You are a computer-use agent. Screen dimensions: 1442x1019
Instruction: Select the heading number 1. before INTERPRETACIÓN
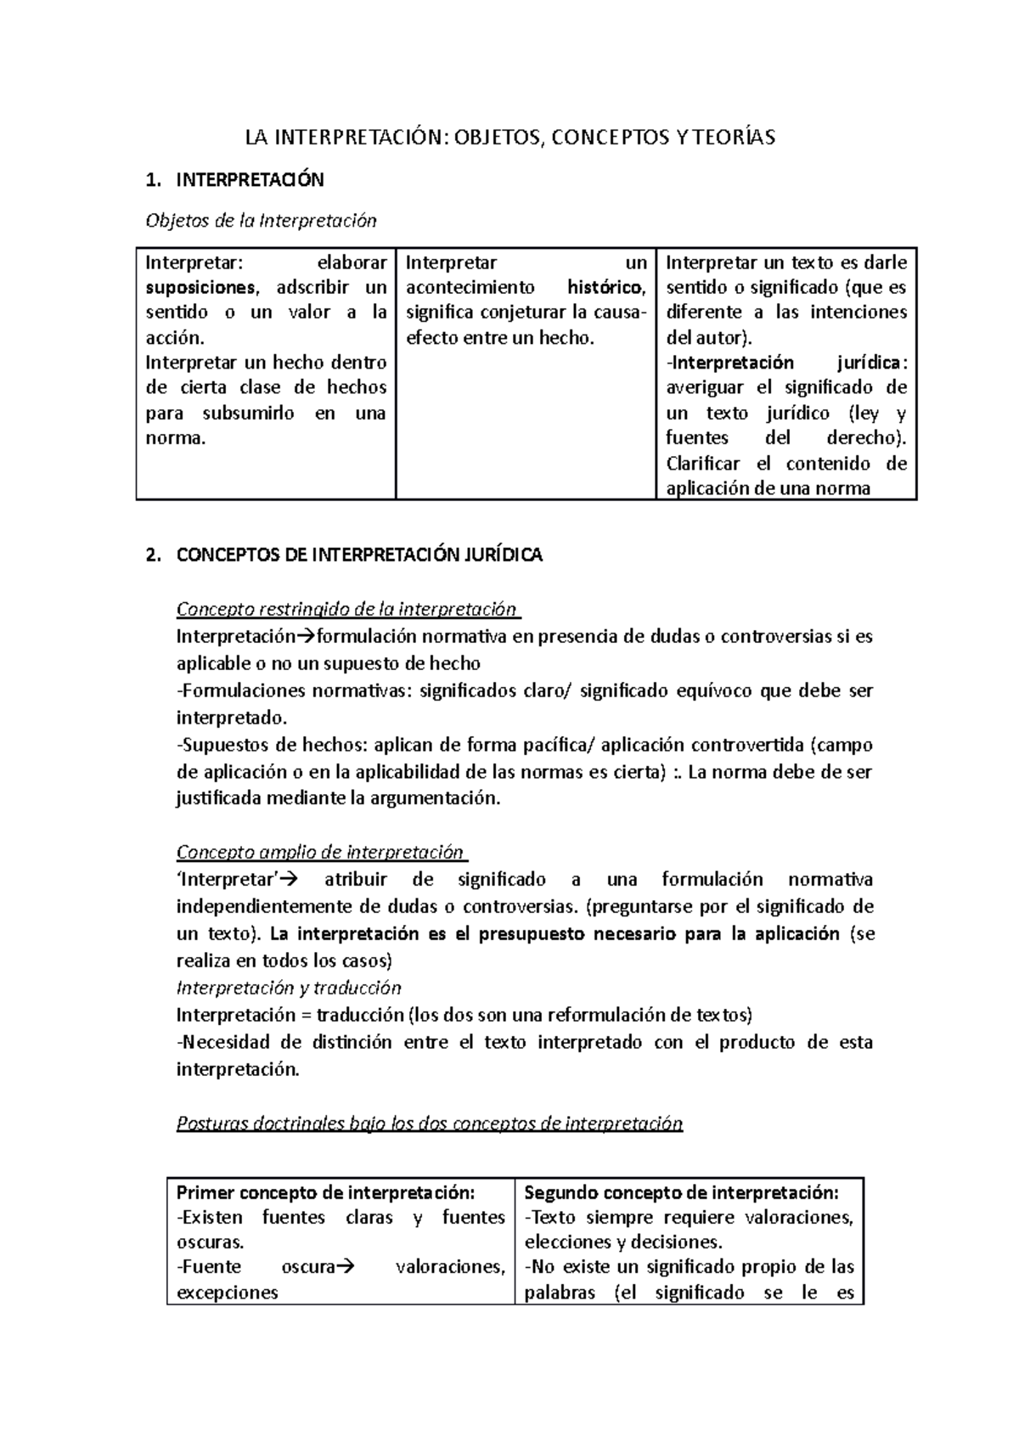click(x=152, y=180)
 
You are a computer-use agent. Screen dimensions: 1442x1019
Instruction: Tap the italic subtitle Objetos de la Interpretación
click(x=261, y=221)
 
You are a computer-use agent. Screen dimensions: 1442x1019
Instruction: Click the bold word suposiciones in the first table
click(x=200, y=287)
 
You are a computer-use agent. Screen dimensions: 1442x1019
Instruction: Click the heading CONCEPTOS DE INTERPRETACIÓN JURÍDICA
click(x=359, y=555)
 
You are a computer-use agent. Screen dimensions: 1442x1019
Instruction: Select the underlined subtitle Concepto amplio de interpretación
click(x=320, y=853)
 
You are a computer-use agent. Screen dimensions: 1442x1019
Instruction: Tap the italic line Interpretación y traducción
click(x=288, y=989)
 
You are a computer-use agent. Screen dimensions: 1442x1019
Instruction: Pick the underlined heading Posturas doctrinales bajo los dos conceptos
click(x=429, y=1124)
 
